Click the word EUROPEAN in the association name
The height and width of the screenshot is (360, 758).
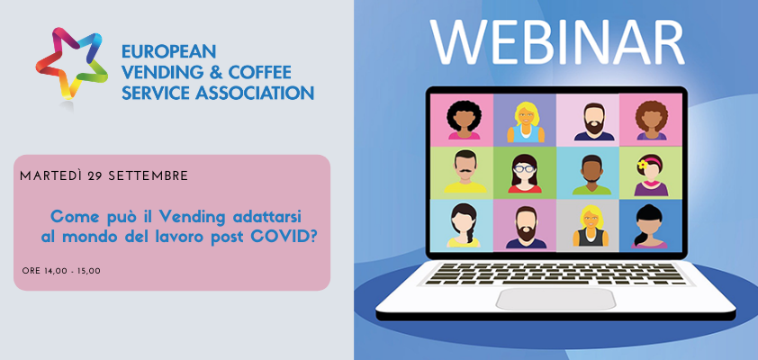click(168, 51)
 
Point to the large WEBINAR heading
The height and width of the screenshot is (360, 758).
click(557, 41)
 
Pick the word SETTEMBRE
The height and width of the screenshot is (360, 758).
click(148, 176)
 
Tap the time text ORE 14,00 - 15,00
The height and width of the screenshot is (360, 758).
click(61, 271)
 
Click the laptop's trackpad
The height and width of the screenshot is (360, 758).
click(556, 299)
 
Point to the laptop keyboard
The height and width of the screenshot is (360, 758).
click(556, 273)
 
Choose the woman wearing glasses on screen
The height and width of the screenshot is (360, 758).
click(525, 174)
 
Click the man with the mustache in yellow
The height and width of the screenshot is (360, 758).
click(465, 172)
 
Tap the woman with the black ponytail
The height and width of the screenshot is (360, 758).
click(648, 227)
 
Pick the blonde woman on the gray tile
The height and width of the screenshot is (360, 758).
click(591, 226)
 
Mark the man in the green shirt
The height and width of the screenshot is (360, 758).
click(591, 175)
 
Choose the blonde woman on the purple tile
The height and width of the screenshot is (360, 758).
click(526, 121)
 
